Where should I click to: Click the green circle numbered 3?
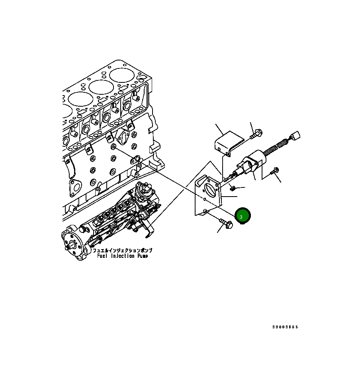(243, 216)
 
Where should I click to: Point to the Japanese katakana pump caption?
(122, 251)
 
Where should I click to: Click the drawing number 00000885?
(285, 327)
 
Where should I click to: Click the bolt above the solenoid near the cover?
(256, 134)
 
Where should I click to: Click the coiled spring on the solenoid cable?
(276, 146)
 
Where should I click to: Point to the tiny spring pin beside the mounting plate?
(234, 187)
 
